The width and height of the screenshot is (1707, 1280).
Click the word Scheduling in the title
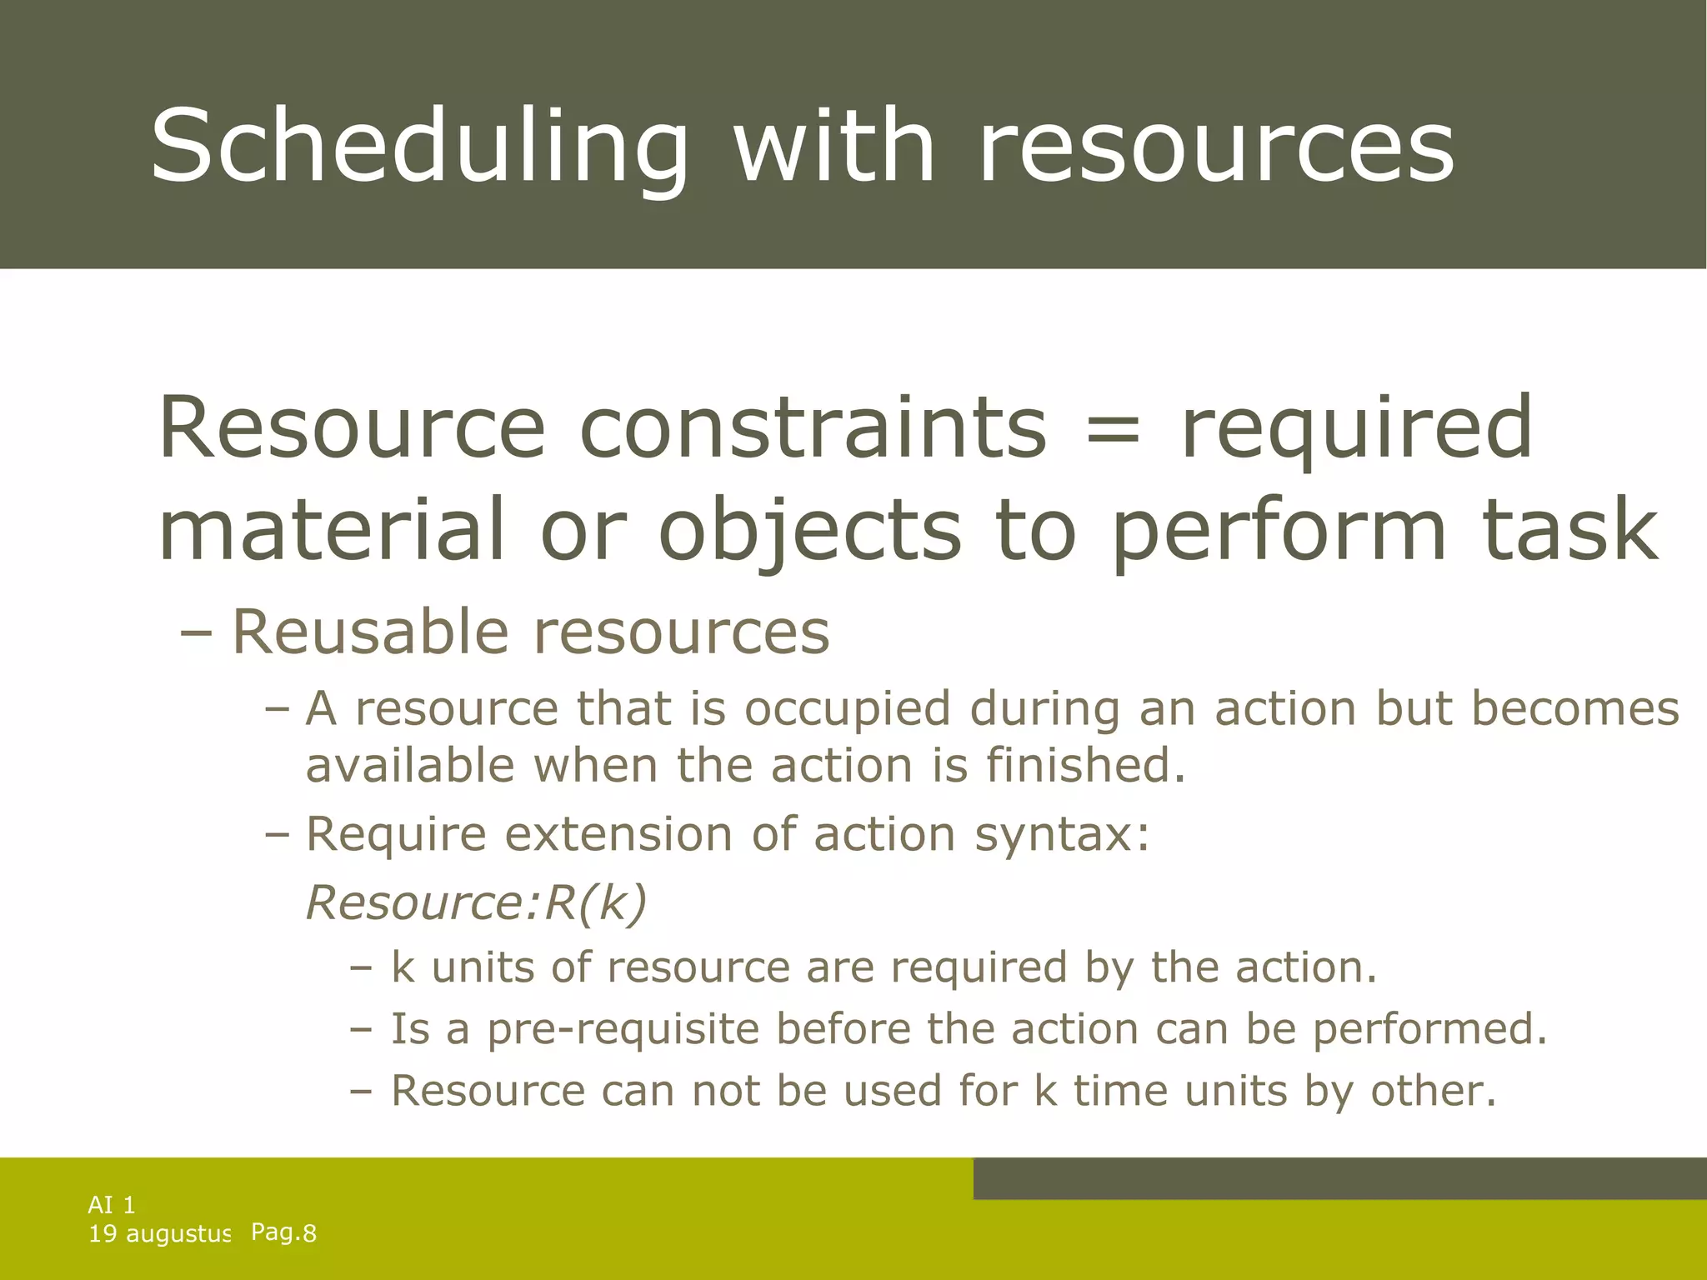click(x=419, y=147)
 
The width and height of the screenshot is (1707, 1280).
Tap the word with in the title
click(x=833, y=146)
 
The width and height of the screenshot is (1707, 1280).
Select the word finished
click(x=1084, y=766)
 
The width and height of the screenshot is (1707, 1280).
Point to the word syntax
click(x=1061, y=834)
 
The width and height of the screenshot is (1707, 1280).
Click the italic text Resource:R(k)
click(x=476, y=902)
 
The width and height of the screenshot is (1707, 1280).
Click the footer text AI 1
click(x=112, y=1205)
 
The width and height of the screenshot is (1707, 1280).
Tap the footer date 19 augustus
click(x=159, y=1234)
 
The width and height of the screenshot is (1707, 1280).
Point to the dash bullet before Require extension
click(x=276, y=834)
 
